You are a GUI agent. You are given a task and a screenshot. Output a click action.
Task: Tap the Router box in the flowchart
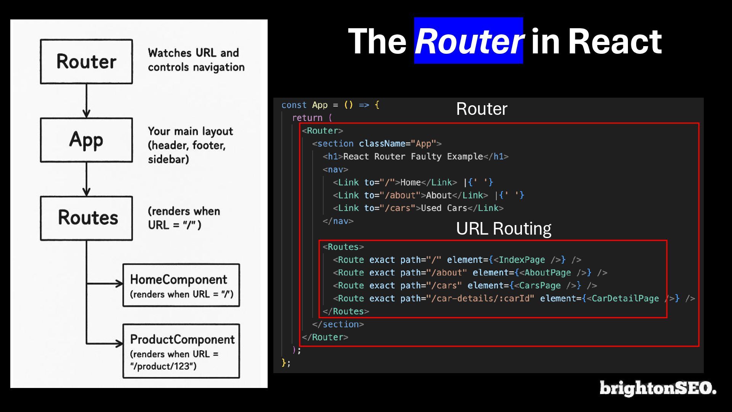point(87,61)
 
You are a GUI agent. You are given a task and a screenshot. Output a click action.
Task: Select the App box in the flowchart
point(87,140)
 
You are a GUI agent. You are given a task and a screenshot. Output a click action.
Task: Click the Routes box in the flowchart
point(87,218)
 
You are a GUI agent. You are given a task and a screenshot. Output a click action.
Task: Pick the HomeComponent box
point(181,285)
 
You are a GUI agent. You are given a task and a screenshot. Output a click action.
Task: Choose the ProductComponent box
point(181,351)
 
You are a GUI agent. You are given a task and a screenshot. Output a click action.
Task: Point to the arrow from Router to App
point(87,101)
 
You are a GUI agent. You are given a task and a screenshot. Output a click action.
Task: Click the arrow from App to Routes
point(87,179)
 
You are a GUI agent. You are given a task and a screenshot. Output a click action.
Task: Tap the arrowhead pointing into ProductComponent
point(119,343)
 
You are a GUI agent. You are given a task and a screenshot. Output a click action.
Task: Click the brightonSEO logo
point(658,388)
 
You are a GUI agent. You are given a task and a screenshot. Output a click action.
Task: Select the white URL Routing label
point(503,229)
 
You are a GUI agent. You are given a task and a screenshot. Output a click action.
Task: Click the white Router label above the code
point(482,109)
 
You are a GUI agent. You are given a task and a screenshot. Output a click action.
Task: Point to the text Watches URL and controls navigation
point(196,60)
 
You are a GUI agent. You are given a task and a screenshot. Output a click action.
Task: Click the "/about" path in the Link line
point(400,195)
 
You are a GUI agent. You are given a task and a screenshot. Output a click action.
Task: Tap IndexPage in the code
point(522,260)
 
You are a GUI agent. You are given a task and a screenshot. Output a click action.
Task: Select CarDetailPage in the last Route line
point(625,298)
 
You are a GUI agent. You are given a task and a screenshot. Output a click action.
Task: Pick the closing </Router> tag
point(325,337)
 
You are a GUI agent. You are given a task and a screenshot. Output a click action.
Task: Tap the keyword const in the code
point(294,105)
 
